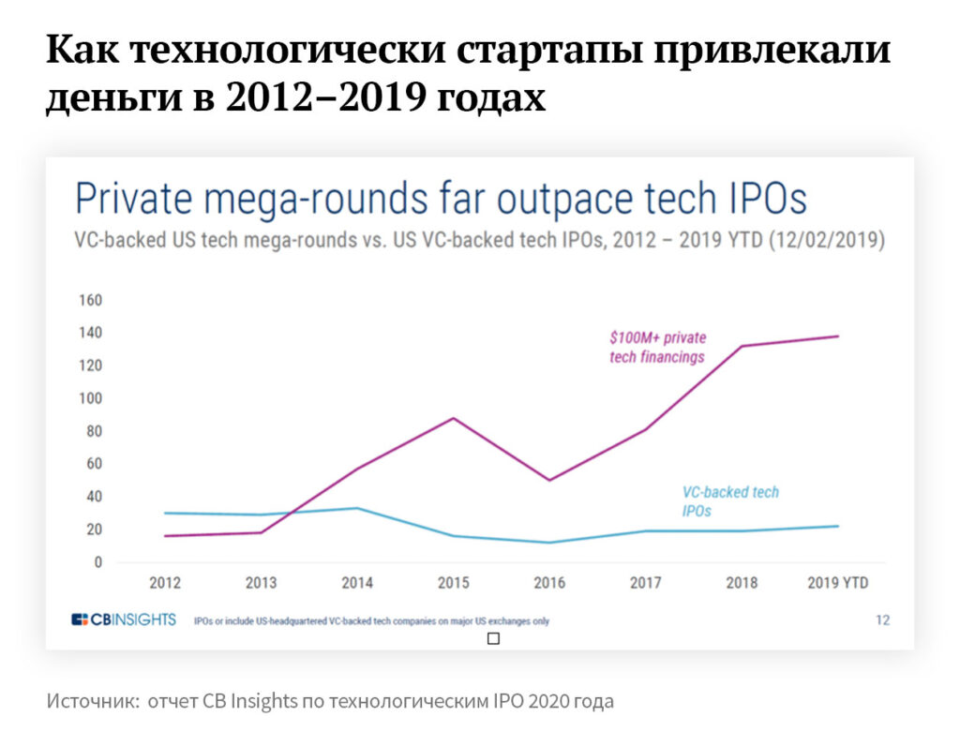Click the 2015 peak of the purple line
click(454, 418)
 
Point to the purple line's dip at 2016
click(549, 480)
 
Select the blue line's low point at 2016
click(549, 543)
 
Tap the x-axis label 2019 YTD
click(837, 583)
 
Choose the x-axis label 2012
click(164, 583)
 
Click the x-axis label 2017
click(646, 583)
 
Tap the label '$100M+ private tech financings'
click(657, 347)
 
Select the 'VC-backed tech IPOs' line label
click(729, 501)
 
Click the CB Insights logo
click(124, 619)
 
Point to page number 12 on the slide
click(882, 619)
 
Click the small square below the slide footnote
click(494, 639)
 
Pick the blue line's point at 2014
click(357, 508)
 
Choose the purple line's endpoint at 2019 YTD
click(837, 336)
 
